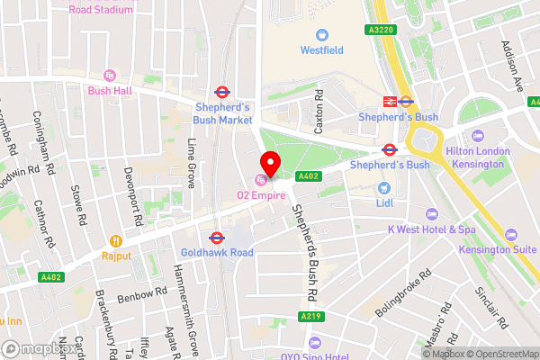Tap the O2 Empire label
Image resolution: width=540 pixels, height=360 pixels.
coord(261,195)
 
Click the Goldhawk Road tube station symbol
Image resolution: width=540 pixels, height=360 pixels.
coord(215,238)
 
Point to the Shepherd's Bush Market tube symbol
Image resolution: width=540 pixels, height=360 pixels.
coord(220,92)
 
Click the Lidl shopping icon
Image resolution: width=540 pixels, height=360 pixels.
coord(383,188)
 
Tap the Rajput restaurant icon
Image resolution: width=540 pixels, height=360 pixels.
coord(115,240)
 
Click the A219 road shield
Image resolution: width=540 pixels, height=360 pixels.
coord(308,317)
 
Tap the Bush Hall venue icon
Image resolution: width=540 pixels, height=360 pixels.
coord(111,75)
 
